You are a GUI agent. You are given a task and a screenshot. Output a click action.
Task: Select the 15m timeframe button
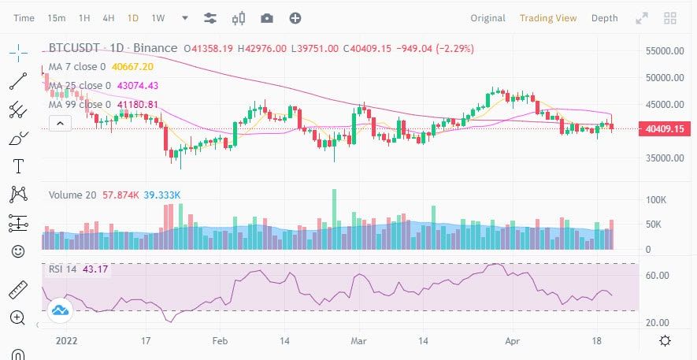pos(57,18)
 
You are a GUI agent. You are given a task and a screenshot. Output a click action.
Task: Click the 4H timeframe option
pos(109,18)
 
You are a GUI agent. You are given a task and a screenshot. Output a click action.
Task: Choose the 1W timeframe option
pos(158,18)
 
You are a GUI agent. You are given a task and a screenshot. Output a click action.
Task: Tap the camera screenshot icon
pos(267,18)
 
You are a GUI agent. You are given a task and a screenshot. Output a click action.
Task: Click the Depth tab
pos(605,18)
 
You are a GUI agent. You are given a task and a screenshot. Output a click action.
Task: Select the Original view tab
pos(488,18)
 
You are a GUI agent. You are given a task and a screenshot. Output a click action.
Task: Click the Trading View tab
pos(548,18)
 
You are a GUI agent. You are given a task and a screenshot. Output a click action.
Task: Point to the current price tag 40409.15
pos(665,129)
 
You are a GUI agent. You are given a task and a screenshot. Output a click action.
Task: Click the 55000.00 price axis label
pos(665,51)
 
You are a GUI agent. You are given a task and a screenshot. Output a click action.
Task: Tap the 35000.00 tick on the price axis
pos(665,158)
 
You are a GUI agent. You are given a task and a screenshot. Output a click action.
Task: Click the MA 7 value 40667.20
pos(132,67)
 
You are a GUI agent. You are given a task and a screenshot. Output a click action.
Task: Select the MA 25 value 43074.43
pos(137,85)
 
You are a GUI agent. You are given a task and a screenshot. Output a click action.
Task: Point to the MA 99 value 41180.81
pos(137,105)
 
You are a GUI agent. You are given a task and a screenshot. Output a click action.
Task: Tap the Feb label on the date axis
pos(220,341)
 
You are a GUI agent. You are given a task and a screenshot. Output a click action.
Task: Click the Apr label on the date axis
pos(513,341)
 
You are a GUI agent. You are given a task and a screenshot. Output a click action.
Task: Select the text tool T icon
pos(18,166)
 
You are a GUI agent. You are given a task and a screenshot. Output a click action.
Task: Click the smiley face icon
pos(18,251)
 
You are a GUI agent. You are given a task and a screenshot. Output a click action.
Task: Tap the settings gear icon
pos(665,341)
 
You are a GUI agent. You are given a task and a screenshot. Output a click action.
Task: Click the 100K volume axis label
pos(656,200)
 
